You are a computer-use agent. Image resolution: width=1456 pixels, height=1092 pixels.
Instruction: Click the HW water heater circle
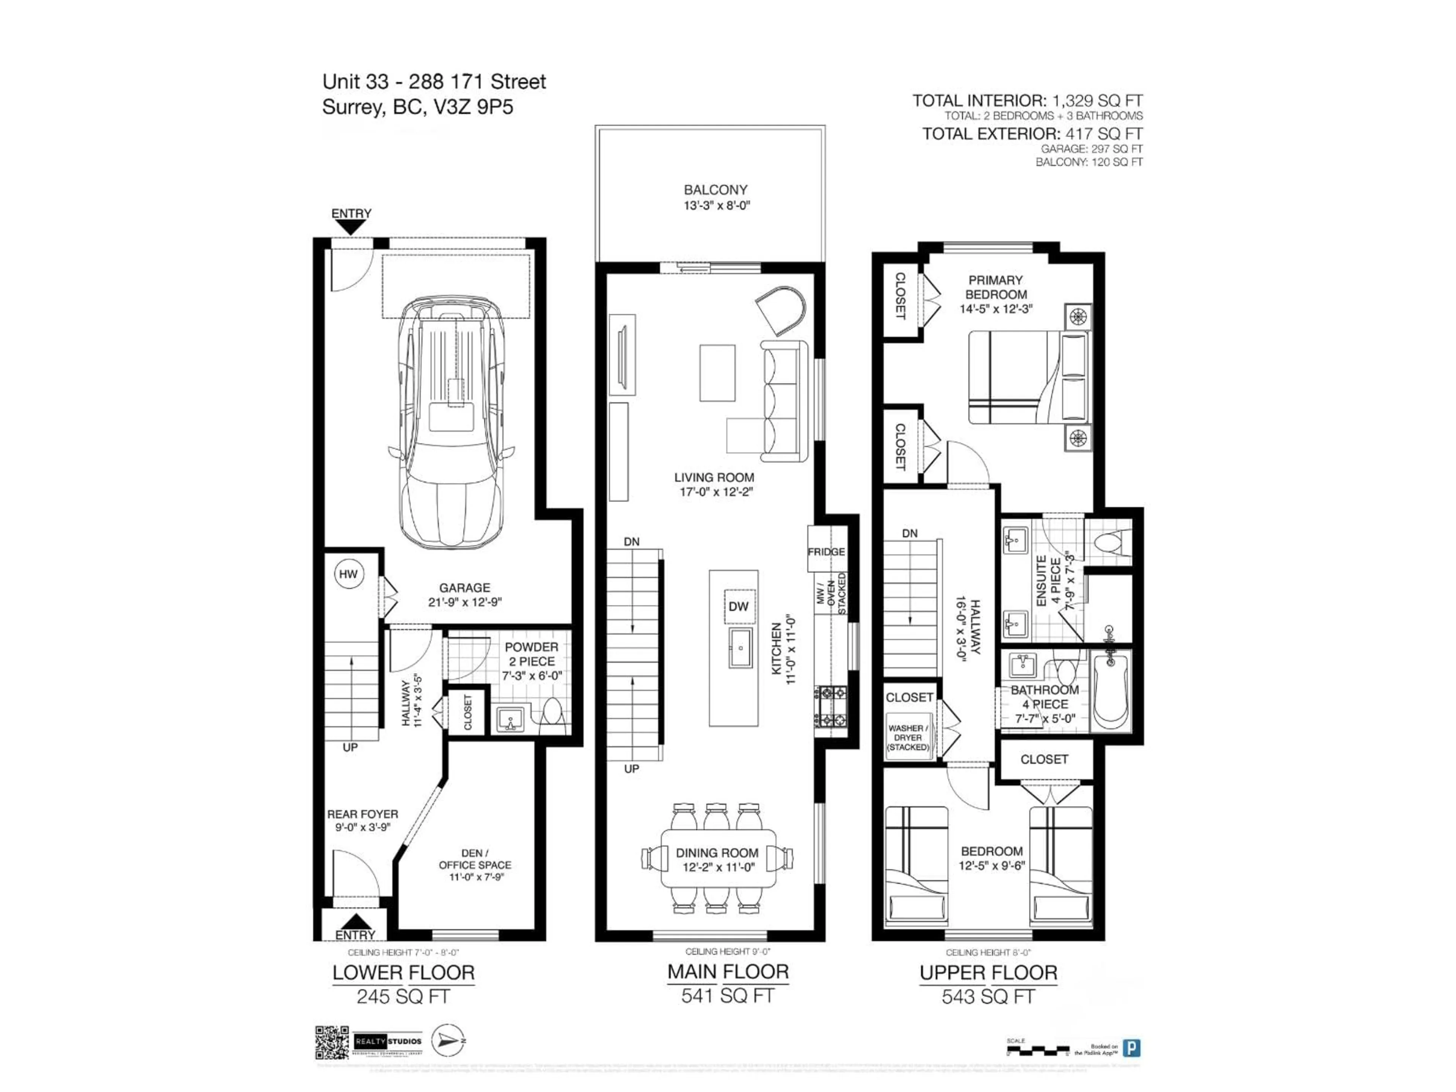[x=348, y=574]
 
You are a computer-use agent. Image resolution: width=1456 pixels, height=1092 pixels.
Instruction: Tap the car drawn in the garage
[x=452, y=421]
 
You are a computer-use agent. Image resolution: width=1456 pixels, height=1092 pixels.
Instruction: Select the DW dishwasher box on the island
[x=739, y=606]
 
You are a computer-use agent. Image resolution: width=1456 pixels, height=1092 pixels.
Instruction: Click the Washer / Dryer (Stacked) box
[x=908, y=737]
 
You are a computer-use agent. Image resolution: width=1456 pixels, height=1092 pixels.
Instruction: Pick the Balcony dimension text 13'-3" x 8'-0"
[x=716, y=206]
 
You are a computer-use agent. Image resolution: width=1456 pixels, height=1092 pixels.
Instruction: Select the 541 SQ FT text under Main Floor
[x=727, y=996]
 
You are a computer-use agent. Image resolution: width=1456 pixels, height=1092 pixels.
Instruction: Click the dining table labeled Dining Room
[x=717, y=858]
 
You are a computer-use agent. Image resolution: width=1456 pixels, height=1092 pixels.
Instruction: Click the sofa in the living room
[x=783, y=402]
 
